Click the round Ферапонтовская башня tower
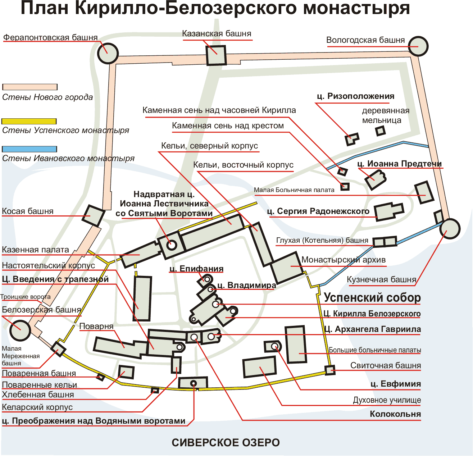[x=108, y=53]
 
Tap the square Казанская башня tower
[x=216, y=55]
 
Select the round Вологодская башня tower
[x=418, y=46]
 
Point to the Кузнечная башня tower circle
[x=450, y=228]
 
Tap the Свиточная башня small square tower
[x=330, y=370]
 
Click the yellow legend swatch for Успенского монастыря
[x=29, y=122]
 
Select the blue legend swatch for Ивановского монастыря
[x=29, y=149]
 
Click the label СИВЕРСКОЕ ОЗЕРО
[x=226, y=443]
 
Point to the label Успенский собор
[x=372, y=298]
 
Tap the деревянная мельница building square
[x=381, y=131]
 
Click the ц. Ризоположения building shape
[x=351, y=139]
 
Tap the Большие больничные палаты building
[x=296, y=344]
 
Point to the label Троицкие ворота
[x=25, y=297]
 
